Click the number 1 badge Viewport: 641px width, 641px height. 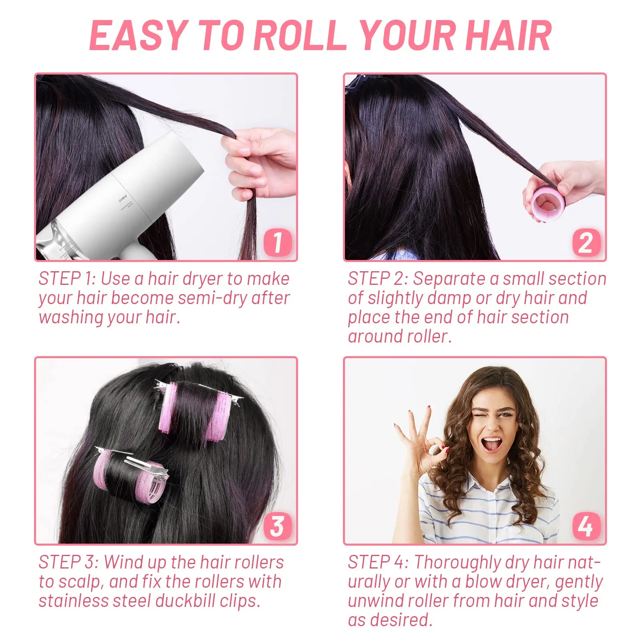278,242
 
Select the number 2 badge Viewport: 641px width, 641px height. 586,242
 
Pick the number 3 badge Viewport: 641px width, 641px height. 278,526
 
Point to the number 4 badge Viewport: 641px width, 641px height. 586,526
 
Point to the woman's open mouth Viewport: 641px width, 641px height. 492,443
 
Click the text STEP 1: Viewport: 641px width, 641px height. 67,279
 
